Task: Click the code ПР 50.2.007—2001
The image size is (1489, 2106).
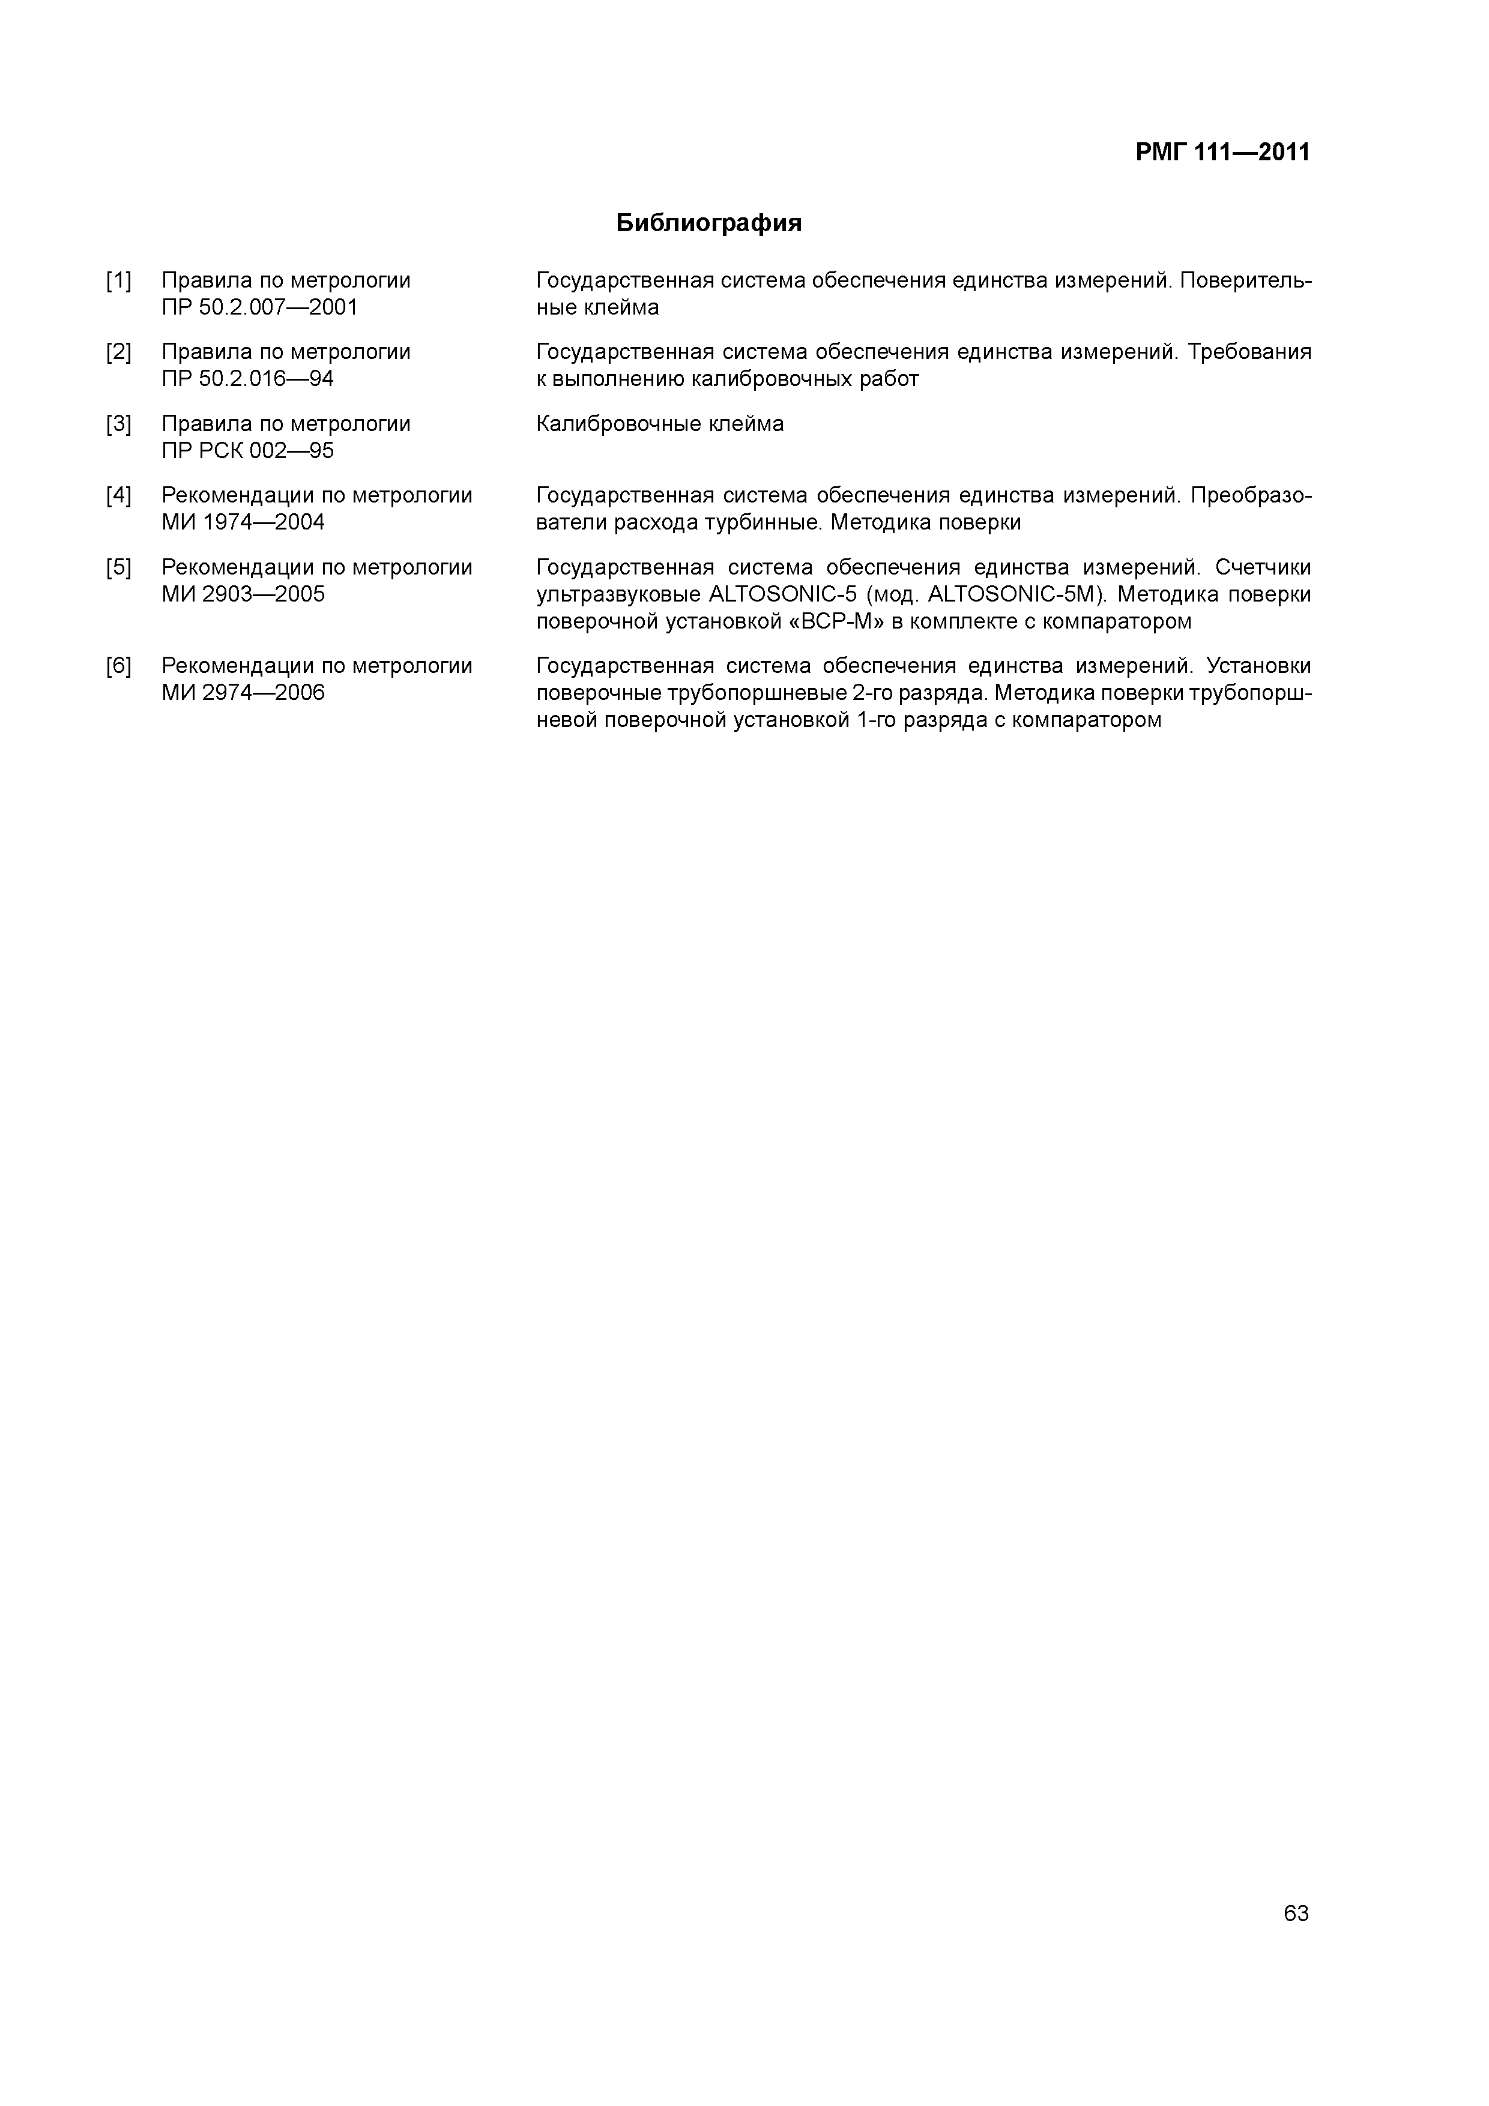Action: click(259, 307)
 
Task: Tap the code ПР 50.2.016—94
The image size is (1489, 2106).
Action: click(248, 379)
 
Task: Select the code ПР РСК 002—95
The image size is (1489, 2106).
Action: click(248, 450)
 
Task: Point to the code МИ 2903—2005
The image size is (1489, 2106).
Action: click(243, 594)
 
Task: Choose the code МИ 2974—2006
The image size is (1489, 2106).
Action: click(243, 693)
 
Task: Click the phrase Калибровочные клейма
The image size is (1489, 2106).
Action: click(660, 424)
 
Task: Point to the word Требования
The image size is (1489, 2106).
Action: click(1249, 352)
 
